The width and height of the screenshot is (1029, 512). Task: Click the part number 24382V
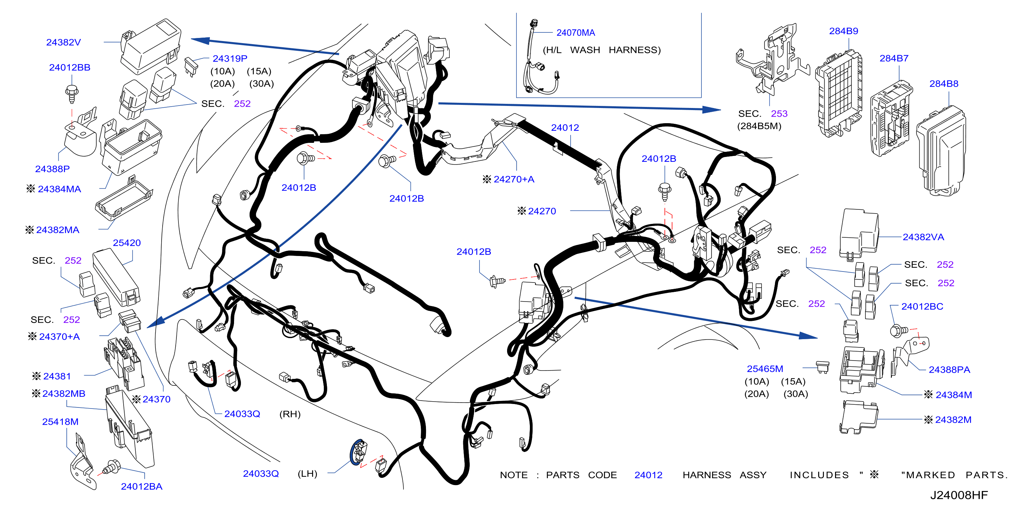[64, 42]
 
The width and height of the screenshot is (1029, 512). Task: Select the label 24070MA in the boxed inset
[576, 33]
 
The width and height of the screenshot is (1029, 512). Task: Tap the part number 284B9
[844, 31]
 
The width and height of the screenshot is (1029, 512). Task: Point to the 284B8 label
[944, 84]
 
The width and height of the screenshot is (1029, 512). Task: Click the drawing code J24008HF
[959, 495]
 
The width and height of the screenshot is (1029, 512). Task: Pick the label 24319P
[230, 59]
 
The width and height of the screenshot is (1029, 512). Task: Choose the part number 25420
[127, 243]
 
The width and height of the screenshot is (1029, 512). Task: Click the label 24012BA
[142, 486]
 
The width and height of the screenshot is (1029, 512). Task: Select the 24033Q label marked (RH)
[242, 414]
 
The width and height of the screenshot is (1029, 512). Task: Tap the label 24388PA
[950, 370]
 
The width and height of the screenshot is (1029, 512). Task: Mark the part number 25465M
[765, 368]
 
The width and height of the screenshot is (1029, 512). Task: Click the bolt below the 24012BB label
[72, 93]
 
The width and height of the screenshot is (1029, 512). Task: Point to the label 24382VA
[923, 237]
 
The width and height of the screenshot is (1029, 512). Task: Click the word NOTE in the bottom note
[514, 475]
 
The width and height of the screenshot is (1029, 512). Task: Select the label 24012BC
[922, 307]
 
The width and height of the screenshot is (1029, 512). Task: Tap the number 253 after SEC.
[779, 114]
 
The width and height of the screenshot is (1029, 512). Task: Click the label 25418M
[60, 422]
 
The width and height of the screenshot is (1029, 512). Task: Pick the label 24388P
[52, 169]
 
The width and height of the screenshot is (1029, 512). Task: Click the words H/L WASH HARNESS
[602, 50]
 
